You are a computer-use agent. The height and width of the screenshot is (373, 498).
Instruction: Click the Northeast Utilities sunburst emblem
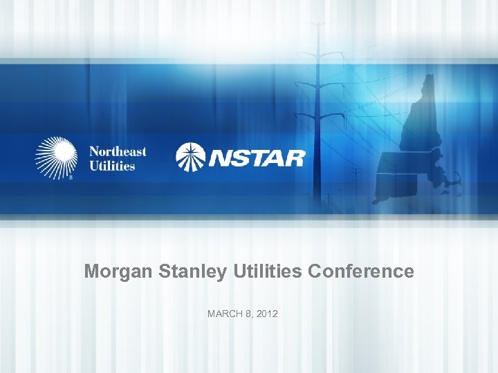click(55, 158)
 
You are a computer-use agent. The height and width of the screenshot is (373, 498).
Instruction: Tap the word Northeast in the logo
click(118, 152)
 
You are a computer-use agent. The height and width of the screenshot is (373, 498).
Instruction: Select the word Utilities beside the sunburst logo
click(112, 166)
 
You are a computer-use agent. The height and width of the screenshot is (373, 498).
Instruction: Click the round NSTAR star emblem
click(190, 156)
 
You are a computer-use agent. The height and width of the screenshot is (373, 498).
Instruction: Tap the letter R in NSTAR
click(293, 157)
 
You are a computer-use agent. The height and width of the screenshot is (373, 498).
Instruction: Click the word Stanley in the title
click(181, 271)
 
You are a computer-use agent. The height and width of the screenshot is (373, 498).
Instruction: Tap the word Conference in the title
click(360, 271)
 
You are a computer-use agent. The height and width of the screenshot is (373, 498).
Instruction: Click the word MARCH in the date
click(224, 314)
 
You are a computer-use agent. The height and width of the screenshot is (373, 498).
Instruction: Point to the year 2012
click(266, 314)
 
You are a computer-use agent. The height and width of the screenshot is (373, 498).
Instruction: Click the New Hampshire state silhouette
click(419, 117)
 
